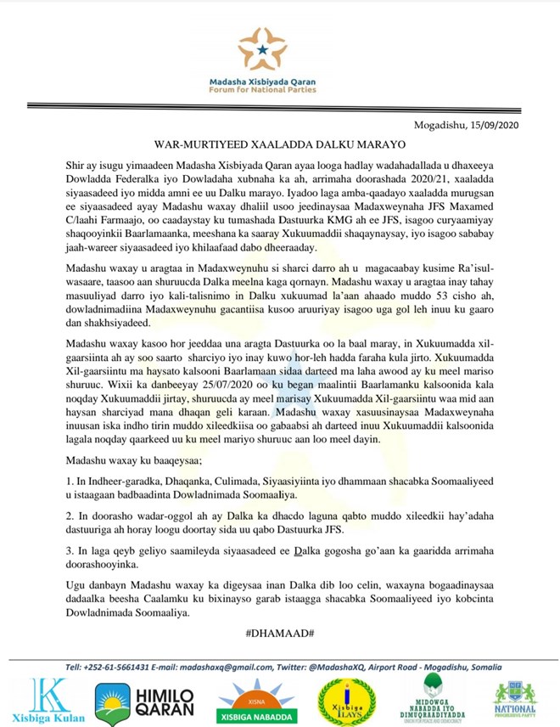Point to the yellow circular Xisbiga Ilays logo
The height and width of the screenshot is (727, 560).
point(344,701)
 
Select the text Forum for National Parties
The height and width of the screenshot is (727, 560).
point(262,89)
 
